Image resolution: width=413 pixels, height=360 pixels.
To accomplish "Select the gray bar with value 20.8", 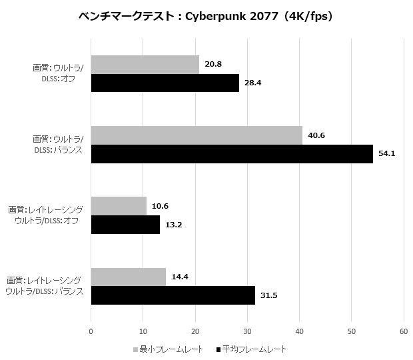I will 145,65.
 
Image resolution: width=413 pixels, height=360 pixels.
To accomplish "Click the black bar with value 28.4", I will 165,83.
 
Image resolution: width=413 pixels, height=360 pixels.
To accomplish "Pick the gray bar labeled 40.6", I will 197,135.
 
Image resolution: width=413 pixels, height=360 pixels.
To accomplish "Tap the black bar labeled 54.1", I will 232,154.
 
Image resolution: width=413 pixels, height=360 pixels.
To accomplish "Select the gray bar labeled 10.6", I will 119,206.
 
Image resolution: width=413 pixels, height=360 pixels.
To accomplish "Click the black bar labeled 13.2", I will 125,225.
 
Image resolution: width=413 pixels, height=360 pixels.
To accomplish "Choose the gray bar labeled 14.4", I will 128,277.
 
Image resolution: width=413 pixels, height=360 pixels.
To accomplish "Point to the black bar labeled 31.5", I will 173,295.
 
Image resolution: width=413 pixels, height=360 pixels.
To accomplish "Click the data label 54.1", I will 386,154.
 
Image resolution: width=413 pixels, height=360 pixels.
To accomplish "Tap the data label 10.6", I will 161,206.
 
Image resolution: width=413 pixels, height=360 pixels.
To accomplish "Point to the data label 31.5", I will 268,295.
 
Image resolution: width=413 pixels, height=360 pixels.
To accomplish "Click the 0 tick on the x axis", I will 91,330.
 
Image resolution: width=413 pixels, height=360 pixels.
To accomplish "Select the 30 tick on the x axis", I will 247,330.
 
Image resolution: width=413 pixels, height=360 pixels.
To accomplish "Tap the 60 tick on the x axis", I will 403,330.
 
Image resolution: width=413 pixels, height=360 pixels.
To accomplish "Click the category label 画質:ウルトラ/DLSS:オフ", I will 59,74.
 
